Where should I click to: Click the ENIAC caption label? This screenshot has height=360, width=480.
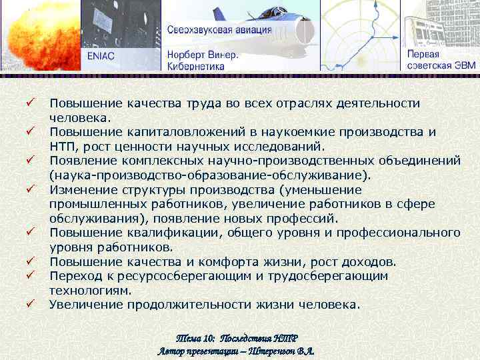click(101, 56)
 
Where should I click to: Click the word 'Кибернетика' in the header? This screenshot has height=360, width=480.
click(195, 66)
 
